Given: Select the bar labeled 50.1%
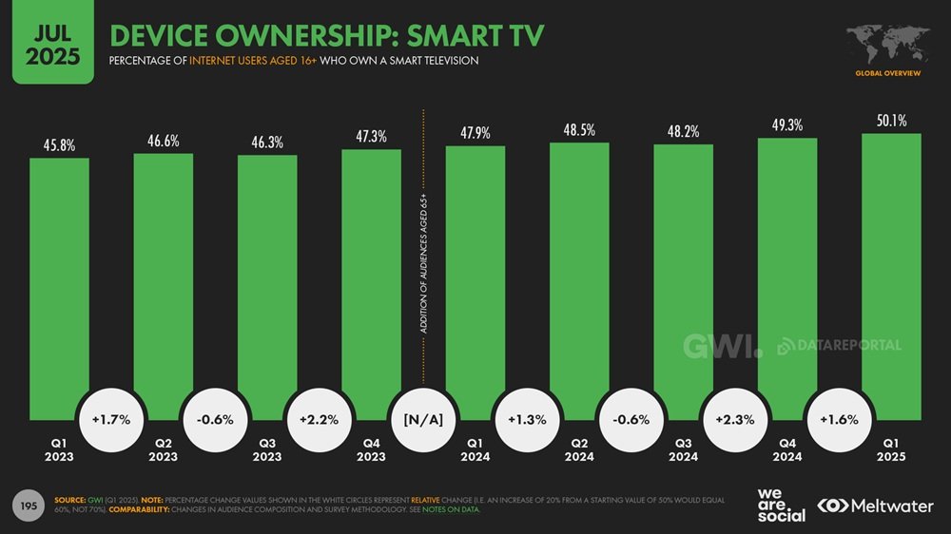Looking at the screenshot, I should point(891,276).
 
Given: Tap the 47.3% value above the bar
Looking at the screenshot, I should point(371,137).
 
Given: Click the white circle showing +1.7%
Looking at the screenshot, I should point(110,419).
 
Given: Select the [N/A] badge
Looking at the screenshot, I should point(423,419).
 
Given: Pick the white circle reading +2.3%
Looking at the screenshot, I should point(735,419).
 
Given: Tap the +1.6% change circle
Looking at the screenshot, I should point(840,419).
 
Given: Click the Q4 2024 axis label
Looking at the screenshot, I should point(787,449).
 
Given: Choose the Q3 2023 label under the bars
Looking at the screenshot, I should point(267,449).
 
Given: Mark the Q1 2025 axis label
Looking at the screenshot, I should point(891,449).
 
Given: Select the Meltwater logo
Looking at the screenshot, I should point(875,505).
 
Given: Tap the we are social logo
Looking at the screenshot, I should point(782,505).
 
